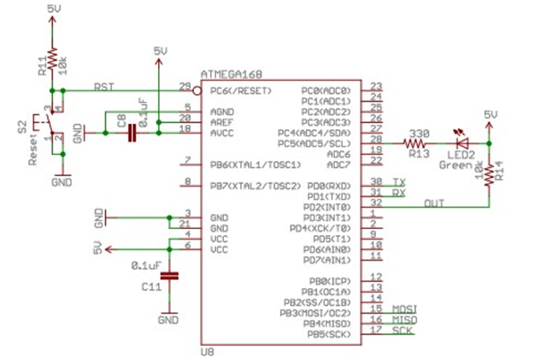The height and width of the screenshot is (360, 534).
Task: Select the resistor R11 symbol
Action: click(52, 57)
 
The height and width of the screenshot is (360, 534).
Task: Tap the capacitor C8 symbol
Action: click(132, 133)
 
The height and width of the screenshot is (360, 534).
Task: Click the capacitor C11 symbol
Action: click(171, 276)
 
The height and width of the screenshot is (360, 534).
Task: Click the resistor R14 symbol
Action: click(489, 174)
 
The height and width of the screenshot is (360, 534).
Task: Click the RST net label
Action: click(104, 86)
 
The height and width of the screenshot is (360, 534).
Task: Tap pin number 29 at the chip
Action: click(186, 86)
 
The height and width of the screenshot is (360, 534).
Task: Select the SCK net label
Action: click(402, 330)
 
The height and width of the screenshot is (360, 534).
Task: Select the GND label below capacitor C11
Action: click(170, 320)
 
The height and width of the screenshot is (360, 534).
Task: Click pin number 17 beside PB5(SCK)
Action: click(376, 330)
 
